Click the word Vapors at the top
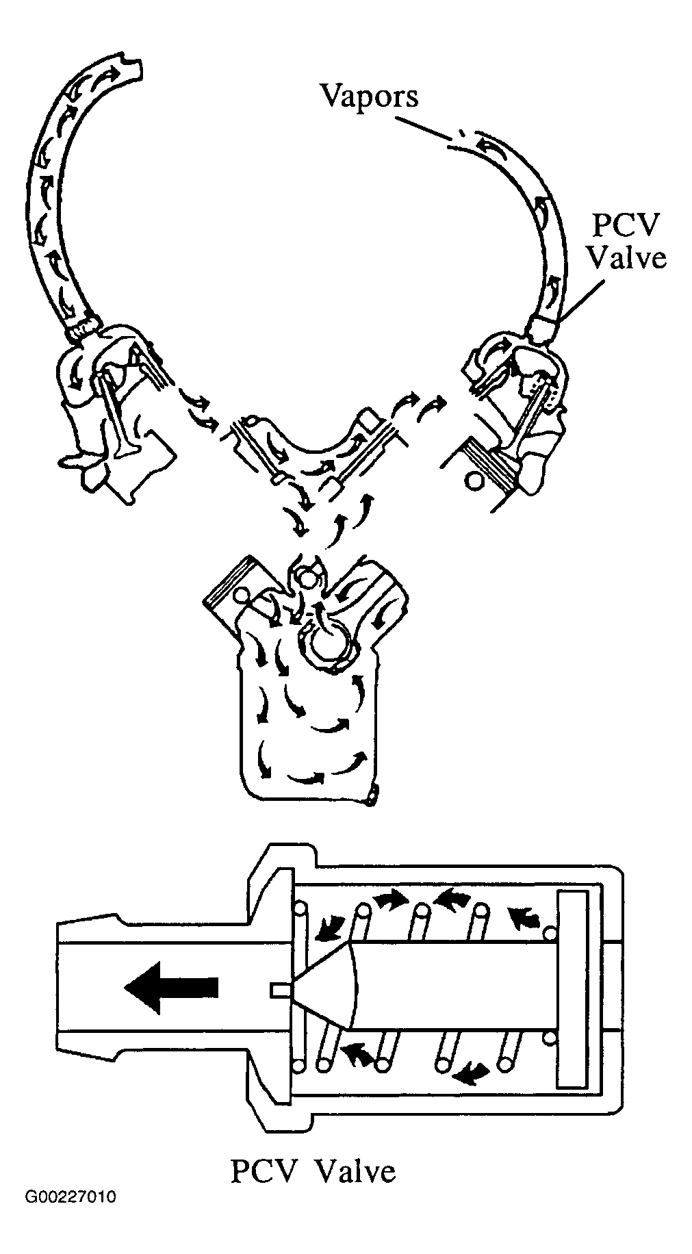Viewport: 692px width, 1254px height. tap(370, 97)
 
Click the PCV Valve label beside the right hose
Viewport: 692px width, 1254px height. tap(627, 244)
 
